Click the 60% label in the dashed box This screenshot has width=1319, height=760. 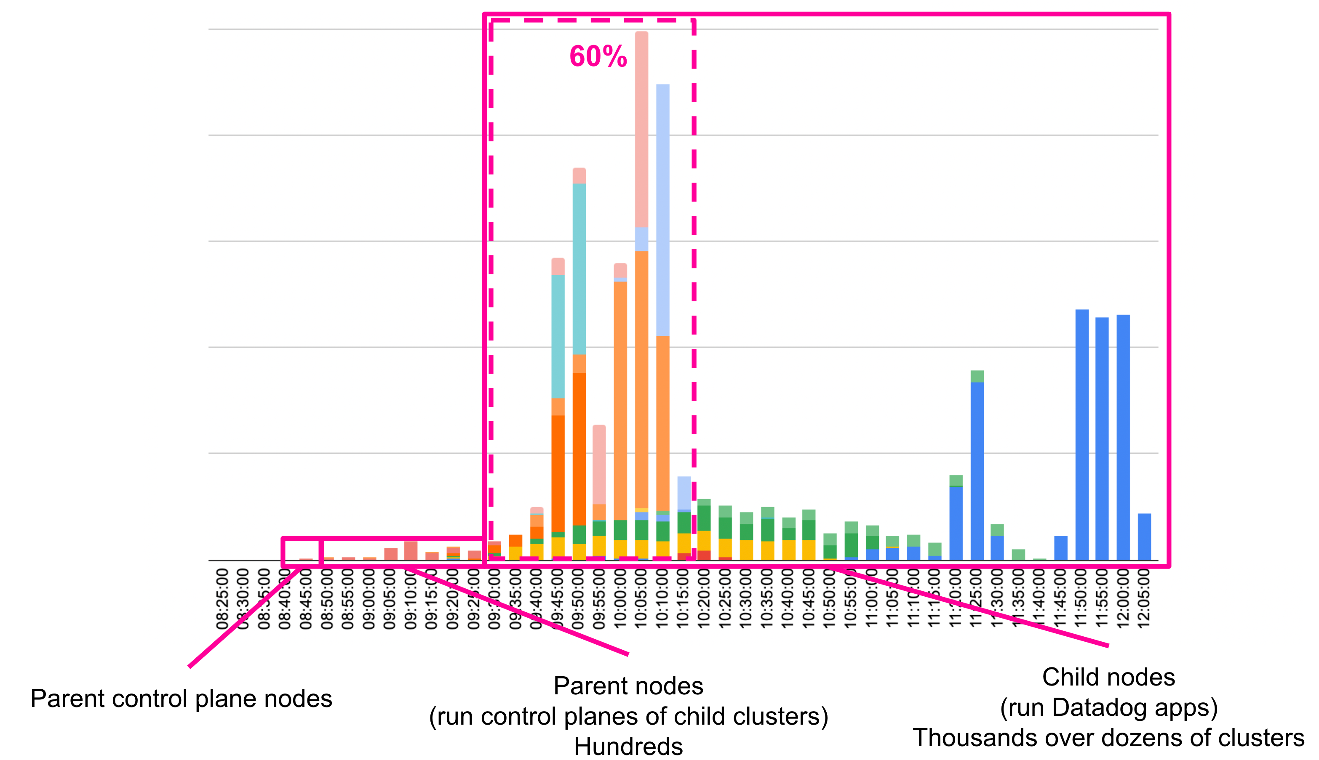tap(598, 56)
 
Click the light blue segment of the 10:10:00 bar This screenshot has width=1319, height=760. tap(662, 209)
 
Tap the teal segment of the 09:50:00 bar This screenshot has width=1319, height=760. tap(579, 269)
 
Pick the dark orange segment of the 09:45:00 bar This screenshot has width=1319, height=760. tap(558, 473)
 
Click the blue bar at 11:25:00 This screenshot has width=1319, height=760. tap(977, 470)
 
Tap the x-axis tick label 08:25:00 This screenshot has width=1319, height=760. tap(222, 599)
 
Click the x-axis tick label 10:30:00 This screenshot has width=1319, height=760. tap(746, 599)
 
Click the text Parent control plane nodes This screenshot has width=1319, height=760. tap(181, 699)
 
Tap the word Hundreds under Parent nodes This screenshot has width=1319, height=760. tap(628, 747)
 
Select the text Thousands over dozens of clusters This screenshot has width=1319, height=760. tap(1108, 738)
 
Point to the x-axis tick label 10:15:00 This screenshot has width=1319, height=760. tap(683, 599)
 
